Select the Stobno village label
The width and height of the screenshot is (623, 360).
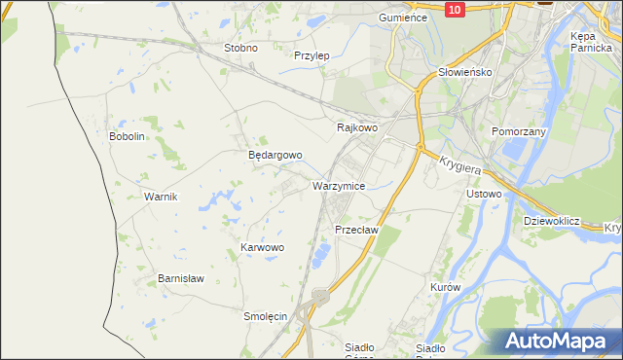[240, 48]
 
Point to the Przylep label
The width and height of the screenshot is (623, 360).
[311, 55]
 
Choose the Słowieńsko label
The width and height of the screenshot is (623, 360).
[465, 72]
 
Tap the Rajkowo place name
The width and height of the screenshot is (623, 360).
[356, 127]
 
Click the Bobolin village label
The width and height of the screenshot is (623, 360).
[127, 136]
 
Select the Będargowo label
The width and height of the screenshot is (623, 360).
[275, 155]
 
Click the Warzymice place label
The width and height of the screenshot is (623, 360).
[339, 185]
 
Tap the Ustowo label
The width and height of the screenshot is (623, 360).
[484, 194]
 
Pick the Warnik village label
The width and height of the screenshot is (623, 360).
[160, 197]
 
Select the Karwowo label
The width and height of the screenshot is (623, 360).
[262, 248]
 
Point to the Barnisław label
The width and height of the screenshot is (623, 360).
[181, 278]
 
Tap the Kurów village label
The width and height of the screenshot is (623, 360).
[444, 288]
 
